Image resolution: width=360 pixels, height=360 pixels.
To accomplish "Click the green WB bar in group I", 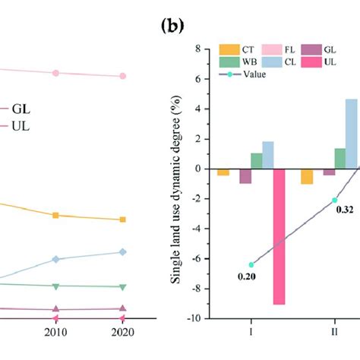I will coord(257,161).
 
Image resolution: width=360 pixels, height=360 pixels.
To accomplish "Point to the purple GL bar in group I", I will coord(245,176).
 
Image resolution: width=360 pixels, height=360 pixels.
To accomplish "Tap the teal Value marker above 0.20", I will coord(251,265).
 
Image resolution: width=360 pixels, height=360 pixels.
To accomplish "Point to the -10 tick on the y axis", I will coord(197,319).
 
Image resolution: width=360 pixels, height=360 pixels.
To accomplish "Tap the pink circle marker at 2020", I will coord(123,76).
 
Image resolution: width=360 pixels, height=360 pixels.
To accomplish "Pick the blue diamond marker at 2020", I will coord(123,252).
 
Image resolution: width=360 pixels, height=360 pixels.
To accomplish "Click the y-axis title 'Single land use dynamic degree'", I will coord(176,184).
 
